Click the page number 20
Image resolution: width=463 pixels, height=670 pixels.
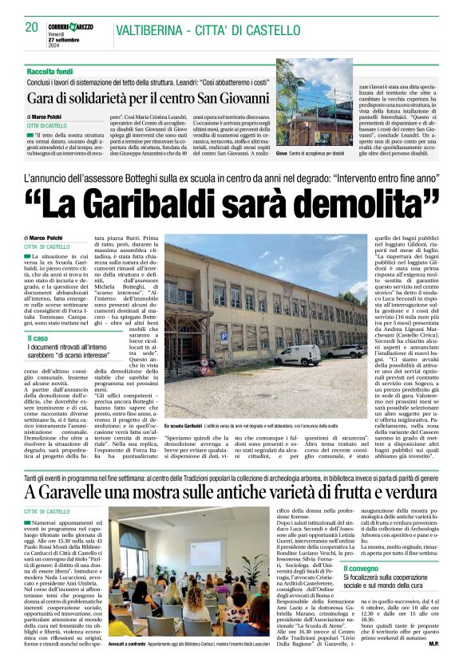32,27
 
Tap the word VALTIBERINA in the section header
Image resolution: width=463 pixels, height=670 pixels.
152,31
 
